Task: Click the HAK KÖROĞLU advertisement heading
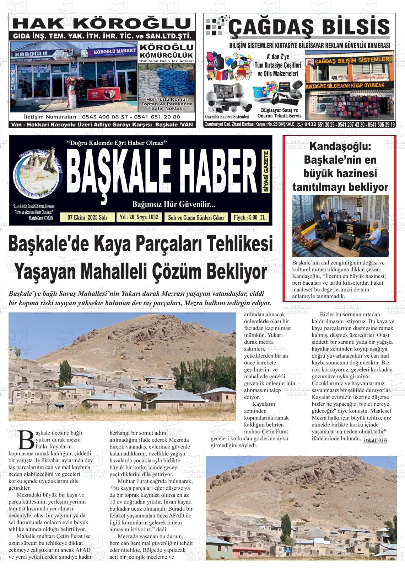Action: (103, 23)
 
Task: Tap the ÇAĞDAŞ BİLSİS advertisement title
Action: (309, 28)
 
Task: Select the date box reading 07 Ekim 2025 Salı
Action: (87, 217)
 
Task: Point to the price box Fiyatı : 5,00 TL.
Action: (249, 217)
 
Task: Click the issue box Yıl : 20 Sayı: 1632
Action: (139, 217)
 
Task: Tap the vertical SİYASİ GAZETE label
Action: (266, 172)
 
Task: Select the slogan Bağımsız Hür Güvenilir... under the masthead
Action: (173, 205)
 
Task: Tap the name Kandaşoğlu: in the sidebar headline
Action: (340, 146)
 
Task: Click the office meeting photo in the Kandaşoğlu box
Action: (340, 226)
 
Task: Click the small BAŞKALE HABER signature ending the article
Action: (375, 441)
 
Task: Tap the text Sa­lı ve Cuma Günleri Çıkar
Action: (196, 217)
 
